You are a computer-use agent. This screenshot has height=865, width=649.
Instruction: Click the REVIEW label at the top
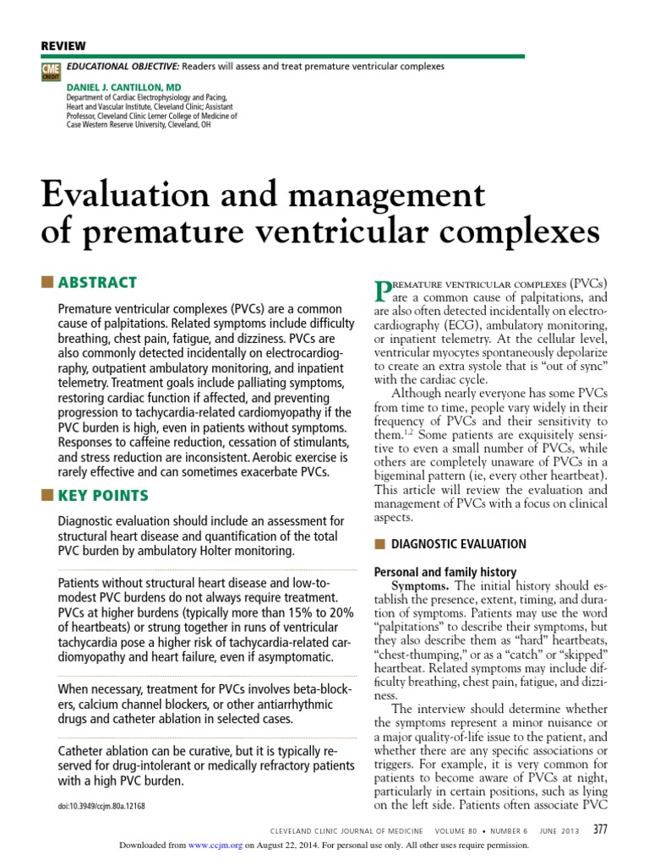click(63, 46)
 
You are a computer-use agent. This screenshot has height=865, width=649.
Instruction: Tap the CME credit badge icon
click(49, 71)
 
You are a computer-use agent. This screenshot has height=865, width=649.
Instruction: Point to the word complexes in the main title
click(507, 231)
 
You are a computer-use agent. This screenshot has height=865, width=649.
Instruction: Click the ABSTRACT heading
click(97, 283)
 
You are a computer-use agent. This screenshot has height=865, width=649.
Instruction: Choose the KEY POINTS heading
click(103, 495)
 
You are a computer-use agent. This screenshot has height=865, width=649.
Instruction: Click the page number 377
click(601, 828)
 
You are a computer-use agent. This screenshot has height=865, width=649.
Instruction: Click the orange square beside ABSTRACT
click(47, 282)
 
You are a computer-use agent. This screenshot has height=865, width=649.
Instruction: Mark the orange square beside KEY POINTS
click(47, 495)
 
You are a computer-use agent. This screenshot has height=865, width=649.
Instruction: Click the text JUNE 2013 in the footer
click(559, 829)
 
